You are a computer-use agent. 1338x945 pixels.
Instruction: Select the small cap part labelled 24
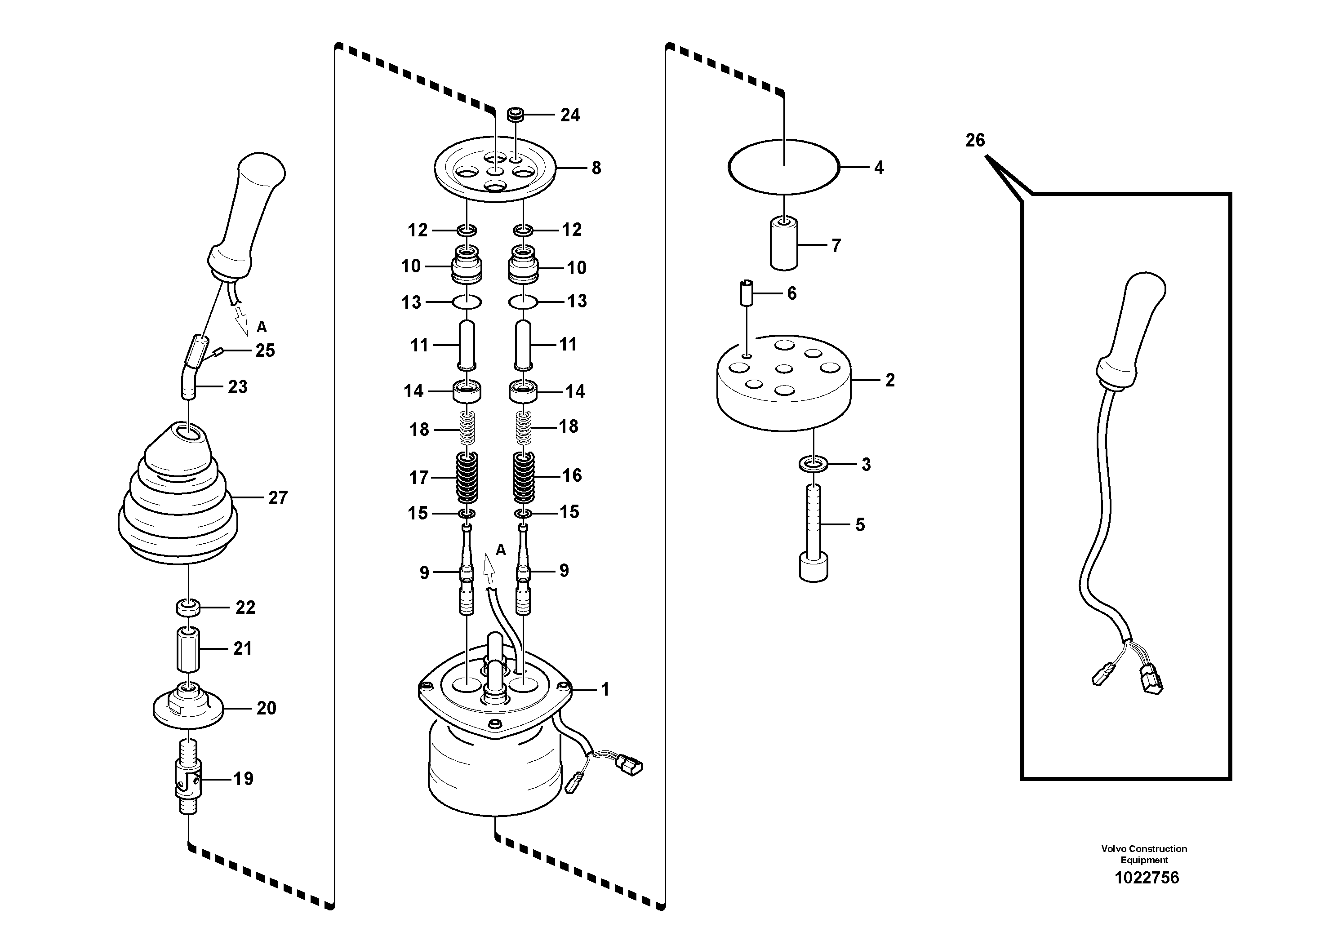tap(516, 114)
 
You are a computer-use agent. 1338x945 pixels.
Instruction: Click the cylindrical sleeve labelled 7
tap(784, 244)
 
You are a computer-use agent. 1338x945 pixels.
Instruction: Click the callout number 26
tap(974, 140)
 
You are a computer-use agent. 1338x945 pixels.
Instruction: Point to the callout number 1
tap(605, 689)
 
